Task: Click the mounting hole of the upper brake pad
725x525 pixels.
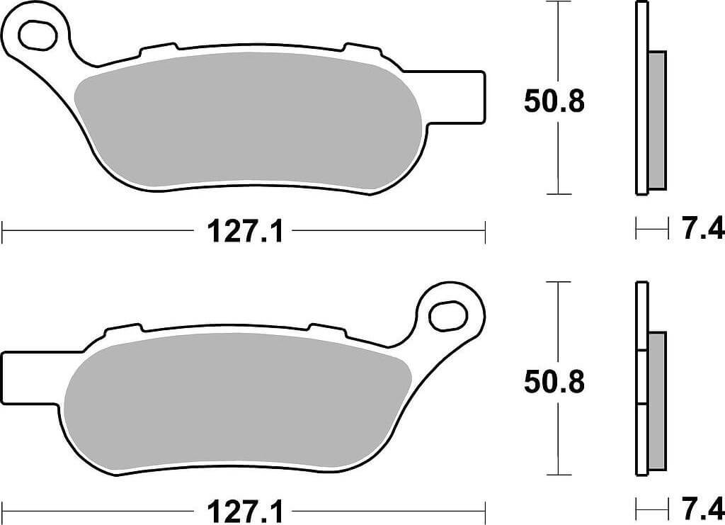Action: point(38,34)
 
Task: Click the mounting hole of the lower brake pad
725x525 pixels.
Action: point(447,315)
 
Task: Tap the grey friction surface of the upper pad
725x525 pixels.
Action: point(249,122)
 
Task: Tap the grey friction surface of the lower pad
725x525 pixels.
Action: point(238,403)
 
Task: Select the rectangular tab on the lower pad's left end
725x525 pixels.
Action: point(30,378)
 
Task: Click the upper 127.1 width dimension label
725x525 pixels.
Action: point(244,231)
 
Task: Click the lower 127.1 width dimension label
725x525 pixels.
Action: point(244,512)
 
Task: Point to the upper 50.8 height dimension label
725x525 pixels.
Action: point(554,101)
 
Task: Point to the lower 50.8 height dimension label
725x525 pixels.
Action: point(554,382)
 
